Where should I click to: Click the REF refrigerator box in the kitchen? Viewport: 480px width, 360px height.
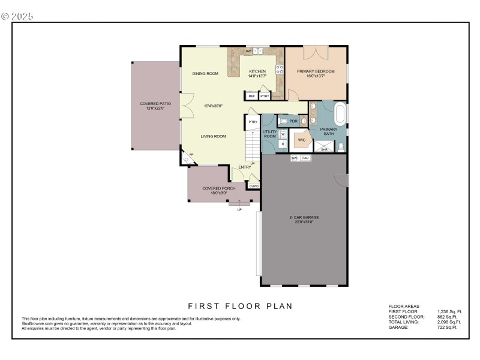(x=251, y=96)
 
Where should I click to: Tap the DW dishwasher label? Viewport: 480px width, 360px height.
(x=248, y=52)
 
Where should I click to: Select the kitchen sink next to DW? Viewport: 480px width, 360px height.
(x=259, y=52)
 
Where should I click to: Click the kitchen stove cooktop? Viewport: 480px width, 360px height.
(x=279, y=68)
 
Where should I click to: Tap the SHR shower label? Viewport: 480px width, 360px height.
(x=325, y=149)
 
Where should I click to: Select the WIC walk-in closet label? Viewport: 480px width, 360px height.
(x=302, y=140)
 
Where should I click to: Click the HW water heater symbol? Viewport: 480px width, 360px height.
(x=295, y=158)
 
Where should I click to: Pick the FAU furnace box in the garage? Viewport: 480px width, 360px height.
(x=305, y=158)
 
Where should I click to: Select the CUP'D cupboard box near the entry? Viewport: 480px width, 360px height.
(x=254, y=187)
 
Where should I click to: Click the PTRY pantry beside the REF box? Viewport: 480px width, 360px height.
(x=265, y=96)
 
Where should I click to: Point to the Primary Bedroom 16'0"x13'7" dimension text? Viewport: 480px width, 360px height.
(x=316, y=76)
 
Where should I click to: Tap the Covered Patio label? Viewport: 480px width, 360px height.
(x=155, y=104)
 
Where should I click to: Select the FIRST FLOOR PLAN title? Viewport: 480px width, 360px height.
(x=240, y=306)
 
